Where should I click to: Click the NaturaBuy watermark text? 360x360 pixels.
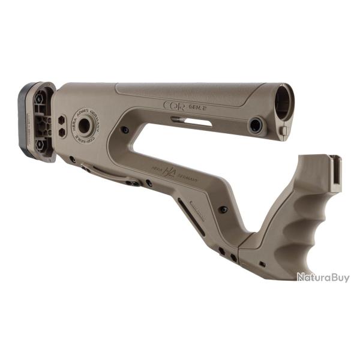tap(323, 277)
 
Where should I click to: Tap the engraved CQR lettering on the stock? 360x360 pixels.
tap(174, 105)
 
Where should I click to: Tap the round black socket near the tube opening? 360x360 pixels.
tap(256, 125)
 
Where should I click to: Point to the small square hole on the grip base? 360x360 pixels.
tap(262, 263)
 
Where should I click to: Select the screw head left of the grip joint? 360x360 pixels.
tap(223, 209)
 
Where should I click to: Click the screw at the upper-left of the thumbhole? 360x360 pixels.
tap(125, 130)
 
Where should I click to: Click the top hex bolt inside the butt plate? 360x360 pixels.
tap(39, 100)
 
